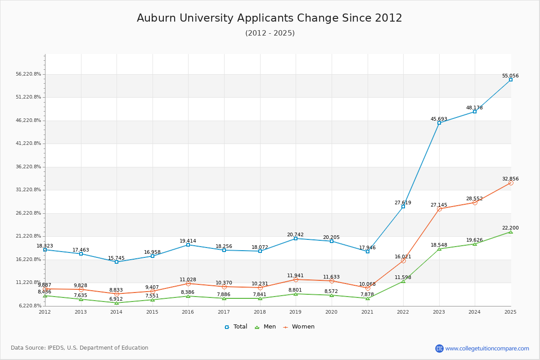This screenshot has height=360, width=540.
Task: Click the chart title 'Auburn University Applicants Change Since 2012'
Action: coord(270,18)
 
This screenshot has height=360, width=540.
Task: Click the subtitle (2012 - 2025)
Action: coord(270,33)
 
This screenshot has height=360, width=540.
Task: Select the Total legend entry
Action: coord(236,327)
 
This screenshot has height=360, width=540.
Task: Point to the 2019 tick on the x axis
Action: coord(296,312)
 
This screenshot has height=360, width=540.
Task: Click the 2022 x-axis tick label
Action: coord(403,312)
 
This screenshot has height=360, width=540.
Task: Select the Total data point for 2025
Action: coord(511,80)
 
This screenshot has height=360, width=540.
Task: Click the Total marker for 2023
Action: coord(439,123)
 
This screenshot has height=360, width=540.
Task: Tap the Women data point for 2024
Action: coord(475,202)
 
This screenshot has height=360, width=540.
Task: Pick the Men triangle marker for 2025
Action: coord(511,232)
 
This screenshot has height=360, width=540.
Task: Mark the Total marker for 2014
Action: coord(117,262)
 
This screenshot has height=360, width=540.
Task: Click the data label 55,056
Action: coord(510,76)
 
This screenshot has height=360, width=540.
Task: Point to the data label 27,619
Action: coord(403,202)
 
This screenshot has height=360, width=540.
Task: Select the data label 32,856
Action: coord(510,179)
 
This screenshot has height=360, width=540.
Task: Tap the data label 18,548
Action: coord(439,245)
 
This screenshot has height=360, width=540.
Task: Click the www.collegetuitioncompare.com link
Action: coord(487,348)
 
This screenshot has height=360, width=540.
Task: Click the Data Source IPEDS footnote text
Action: coord(80,348)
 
